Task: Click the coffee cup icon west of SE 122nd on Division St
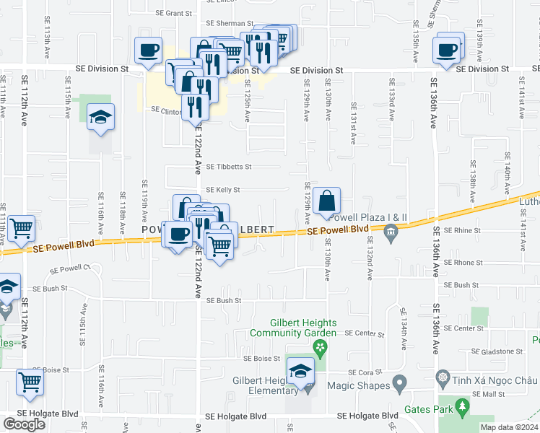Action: point(148,51)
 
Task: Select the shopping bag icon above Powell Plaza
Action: point(327,201)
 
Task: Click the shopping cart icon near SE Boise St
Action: point(30,382)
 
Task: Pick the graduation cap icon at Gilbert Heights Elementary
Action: point(300,372)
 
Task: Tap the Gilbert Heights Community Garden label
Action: point(293,328)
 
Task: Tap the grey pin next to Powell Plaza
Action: point(391,232)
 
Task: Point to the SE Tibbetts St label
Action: point(228,167)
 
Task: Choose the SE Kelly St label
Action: point(222,190)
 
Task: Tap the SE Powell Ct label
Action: point(70,270)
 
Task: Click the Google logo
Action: point(24,424)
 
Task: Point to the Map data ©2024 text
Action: point(509,427)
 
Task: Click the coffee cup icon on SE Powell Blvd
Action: point(178,234)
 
